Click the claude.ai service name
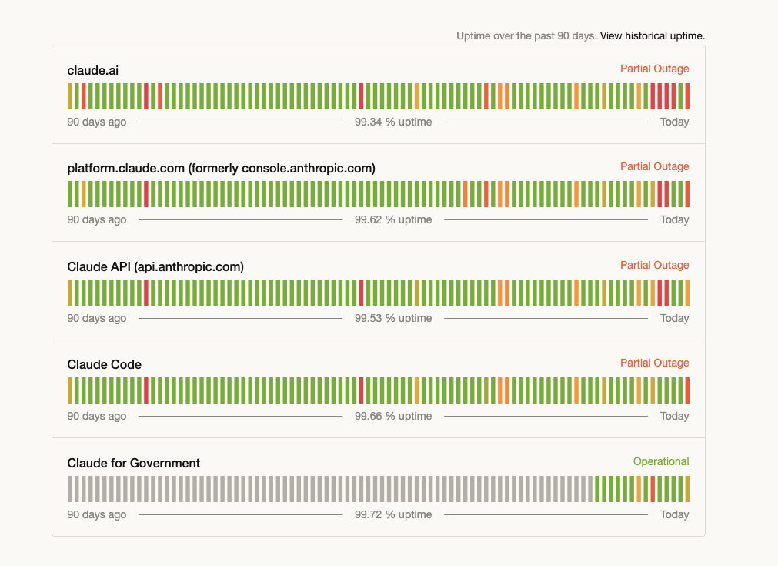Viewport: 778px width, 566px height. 93,71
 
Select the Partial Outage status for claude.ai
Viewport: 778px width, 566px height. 654,69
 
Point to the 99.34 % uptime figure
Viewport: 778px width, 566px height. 393,122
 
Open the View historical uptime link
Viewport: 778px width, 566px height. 652,35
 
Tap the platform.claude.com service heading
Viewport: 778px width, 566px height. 222,169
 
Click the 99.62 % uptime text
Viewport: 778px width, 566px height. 393,219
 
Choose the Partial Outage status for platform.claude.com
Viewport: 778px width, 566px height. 654,166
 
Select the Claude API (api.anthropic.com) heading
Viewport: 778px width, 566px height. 155,266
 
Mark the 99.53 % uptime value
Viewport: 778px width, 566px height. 393,318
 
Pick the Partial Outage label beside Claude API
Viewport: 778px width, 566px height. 654,265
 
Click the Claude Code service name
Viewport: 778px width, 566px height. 104,364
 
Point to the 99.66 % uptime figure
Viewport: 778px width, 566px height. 393,416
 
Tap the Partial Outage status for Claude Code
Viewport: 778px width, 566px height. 654,363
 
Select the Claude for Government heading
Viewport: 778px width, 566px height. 133,463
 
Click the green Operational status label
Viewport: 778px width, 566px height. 661,461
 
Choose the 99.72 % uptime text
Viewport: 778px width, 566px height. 393,514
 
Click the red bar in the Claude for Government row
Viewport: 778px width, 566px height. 653,489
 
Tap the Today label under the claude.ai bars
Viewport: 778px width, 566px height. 674,122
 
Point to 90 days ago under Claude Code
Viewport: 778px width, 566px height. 97,416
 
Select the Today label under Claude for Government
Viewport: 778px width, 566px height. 674,514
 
